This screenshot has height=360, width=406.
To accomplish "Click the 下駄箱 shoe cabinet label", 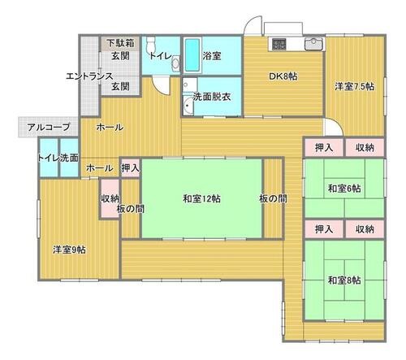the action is pos(120,43).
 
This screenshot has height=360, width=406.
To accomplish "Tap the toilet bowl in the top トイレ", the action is pos(150,44).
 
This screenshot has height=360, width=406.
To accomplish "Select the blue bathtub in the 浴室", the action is pos(192,55).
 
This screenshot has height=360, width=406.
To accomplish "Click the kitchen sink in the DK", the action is pos(314,44).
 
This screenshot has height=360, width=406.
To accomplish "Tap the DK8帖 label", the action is pos(283,76).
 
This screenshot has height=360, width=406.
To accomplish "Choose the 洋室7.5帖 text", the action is pos(355,87).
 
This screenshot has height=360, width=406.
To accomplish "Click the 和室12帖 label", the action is pos(201,199).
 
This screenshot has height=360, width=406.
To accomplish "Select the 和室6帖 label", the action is pos(344,189).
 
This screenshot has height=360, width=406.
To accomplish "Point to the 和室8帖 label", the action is pos(344,280).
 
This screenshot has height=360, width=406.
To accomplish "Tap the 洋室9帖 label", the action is pos(69,249).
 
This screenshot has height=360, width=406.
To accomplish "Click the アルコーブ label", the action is pos(49,127).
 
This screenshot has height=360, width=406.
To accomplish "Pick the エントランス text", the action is pos(89,76).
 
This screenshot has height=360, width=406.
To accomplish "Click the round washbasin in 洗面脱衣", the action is pos(188,106).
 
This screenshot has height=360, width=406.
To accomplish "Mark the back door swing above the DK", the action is pos(253,25).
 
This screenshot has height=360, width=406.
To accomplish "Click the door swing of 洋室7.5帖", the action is pos(334,127).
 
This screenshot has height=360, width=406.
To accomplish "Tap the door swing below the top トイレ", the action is pos(161,85).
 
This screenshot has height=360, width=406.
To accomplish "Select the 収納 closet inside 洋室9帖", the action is pos(110,198).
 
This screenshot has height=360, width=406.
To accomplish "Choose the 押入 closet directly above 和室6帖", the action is pos(324,148).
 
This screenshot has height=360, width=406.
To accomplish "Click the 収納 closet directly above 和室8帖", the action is pos(365,229).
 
